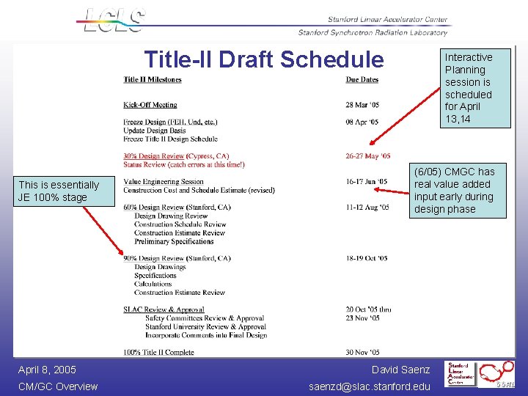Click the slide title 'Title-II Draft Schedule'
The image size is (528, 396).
point(263,59)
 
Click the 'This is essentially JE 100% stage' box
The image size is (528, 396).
point(59,191)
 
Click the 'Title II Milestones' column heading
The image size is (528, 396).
point(153,79)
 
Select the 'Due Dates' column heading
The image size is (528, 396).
point(362,79)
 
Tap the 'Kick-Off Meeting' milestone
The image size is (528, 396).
point(150,105)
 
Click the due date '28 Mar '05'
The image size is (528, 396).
point(362,105)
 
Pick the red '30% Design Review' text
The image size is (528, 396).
point(154,156)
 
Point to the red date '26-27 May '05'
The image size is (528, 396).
point(368,156)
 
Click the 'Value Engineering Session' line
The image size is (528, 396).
point(164,182)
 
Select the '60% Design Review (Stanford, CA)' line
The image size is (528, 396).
point(177,208)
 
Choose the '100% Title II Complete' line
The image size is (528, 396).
point(158,353)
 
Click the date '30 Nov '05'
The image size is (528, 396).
point(362,353)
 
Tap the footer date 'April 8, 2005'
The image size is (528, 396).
point(47,370)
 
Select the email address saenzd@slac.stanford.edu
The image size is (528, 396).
point(370,386)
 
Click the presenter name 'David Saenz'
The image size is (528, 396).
point(400,370)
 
